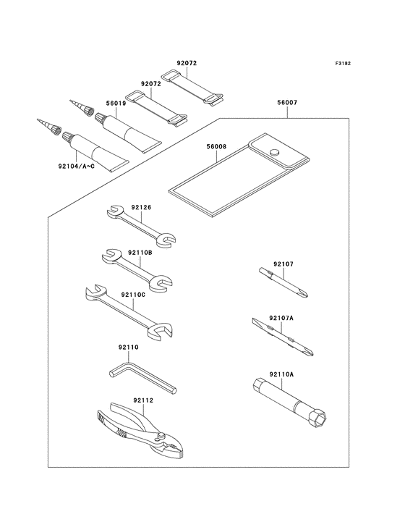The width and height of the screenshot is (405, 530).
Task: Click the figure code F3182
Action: (x=343, y=63)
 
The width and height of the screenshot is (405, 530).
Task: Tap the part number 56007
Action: (x=287, y=102)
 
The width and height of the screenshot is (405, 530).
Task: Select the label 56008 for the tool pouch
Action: (x=217, y=147)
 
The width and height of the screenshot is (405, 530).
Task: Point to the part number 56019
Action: (x=116, y=104)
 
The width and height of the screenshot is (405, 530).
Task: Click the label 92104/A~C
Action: (x=76, y=167)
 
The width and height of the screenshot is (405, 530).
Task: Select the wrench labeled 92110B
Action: (x=137, y=270)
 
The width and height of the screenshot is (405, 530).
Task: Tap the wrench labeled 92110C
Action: (x=128, y=313)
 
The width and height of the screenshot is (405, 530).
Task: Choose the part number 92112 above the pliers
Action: (x=143, y=400)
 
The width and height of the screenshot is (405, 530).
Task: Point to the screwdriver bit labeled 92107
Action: (x=283, y=282)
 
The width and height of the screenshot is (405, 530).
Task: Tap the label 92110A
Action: (x=281, y=374)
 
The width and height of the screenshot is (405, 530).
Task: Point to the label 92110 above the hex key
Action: (x=128, y=347)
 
